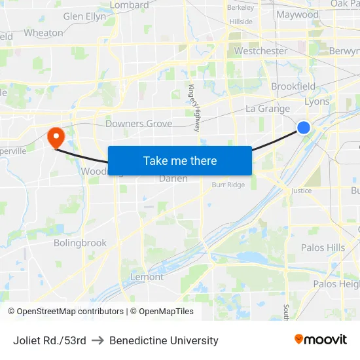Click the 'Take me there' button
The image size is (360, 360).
point(180,160)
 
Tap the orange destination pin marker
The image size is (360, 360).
point(56,137)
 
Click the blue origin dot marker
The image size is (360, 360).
point(304,128)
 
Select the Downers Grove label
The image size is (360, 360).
point(139,124)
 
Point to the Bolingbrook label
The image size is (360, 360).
point(80,243)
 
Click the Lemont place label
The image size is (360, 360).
point(147,277)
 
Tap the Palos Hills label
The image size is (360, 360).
point(323,247)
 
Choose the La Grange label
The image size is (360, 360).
point(268,109)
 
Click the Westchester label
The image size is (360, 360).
point(261,50)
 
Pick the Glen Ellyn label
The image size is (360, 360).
point(84,16)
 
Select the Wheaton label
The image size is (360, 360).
point(43,32)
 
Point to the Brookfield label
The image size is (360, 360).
point(293,86)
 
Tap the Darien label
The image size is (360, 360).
point(173,178)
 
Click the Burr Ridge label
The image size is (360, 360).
point(228,185)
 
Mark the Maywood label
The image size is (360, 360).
point(297,14)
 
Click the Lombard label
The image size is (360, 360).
point(130,5)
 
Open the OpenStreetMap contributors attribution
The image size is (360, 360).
point(70,312)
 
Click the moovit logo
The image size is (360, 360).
point(321,340)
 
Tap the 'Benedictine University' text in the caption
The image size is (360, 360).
point(164,340)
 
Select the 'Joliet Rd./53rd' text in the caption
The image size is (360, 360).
point(50,340)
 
